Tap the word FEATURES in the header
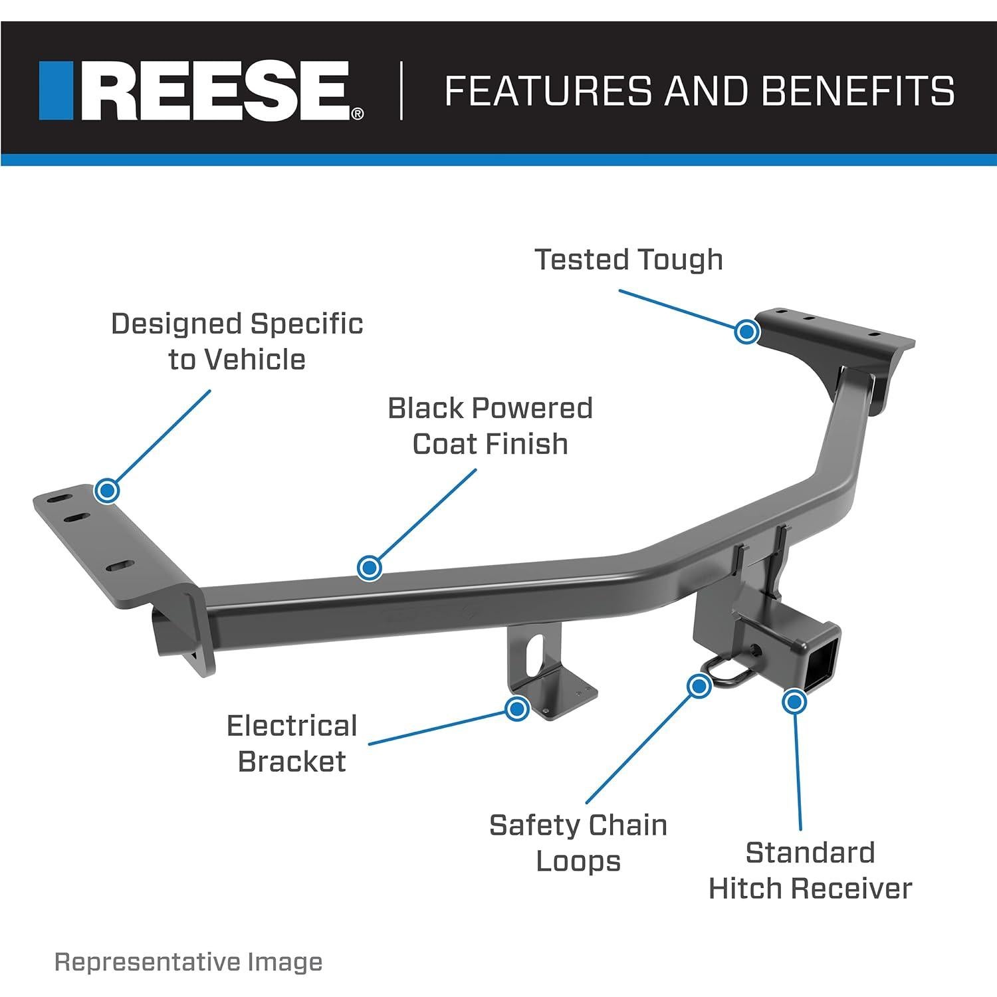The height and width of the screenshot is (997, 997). pyautogui.click(x=547, y=91)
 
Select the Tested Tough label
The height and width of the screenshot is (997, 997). pyautogui.click(x=629, y=259)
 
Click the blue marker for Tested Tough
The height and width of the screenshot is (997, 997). pyautogui.click(x=747, y=330)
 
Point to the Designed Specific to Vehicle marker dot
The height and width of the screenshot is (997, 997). pyautogui.click(x=106, y=491)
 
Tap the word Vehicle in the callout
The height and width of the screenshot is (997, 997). pyautogui.click(x=255, y=360)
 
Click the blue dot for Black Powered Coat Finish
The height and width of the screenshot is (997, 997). pyautogui.click(x=369, y=568)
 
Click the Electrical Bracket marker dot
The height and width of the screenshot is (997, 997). pyautogui.click(x=516, y=709)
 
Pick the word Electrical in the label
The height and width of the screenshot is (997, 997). pyautogui.click(x=292, y=726)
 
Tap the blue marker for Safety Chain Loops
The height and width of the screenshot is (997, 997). pyautogui.click(x=699, y=685)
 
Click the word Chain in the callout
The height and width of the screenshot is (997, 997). pyautogui.click(x=629, y=826)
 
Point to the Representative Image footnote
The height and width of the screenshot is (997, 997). pyautogui.click(x=188, y=962)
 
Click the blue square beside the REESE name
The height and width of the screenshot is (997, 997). pyautogui.click(x=56, y=91)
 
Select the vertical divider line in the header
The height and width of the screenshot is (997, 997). pyautogui.click(x=401, y=91)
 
